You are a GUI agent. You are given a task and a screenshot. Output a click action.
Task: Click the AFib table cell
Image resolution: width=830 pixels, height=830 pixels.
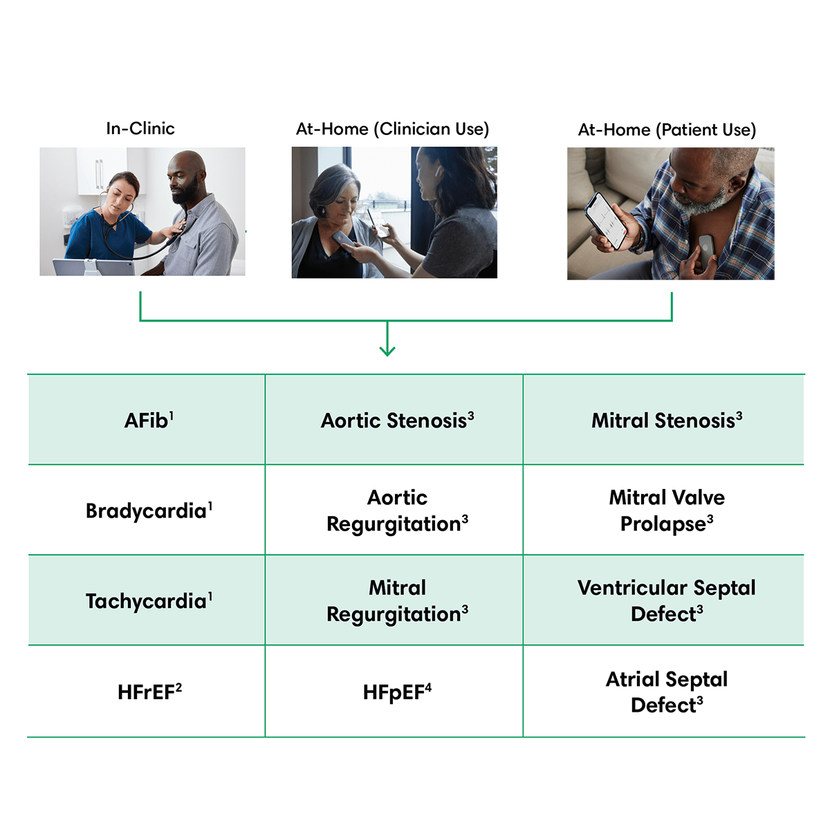pos(147,420)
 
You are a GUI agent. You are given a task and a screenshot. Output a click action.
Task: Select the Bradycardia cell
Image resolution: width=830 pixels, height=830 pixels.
pos(147,510)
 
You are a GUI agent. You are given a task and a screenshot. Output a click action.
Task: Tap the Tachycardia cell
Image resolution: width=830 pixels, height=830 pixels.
pos(147,600)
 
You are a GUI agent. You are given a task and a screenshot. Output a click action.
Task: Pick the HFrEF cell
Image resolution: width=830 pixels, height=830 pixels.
pos(147,691)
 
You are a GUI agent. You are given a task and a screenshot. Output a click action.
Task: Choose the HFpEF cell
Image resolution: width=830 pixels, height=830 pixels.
pos(394,691)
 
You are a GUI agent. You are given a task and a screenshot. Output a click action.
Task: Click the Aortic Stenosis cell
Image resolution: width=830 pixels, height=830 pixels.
pos(394,420)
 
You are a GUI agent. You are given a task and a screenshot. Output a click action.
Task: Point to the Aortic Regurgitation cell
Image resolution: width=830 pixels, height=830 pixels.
pos(394,510)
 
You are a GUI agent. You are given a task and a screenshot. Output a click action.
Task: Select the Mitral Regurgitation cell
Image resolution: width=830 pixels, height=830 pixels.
pos(394,600)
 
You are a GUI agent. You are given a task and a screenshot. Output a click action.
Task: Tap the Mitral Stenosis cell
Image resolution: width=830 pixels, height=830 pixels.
pos(664,420)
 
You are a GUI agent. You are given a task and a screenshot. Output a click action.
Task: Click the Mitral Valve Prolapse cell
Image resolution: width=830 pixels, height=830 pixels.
pos(664,510)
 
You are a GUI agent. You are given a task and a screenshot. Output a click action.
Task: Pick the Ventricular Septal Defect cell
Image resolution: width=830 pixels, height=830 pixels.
pos(664,600)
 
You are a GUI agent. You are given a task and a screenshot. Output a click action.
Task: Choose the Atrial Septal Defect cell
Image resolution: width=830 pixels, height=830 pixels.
pos(664,691)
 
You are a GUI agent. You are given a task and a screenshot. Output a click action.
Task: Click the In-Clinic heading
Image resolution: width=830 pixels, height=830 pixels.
pos(140,129)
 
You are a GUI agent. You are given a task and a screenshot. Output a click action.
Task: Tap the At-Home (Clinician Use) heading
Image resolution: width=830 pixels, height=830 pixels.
pos(392,129)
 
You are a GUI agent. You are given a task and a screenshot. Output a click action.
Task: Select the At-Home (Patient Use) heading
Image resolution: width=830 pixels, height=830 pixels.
pos(667,129)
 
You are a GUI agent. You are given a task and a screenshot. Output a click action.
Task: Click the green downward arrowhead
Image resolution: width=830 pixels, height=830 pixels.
pos(387,351)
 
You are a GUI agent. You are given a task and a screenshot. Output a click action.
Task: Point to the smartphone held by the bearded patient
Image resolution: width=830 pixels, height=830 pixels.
pos(606,221)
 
